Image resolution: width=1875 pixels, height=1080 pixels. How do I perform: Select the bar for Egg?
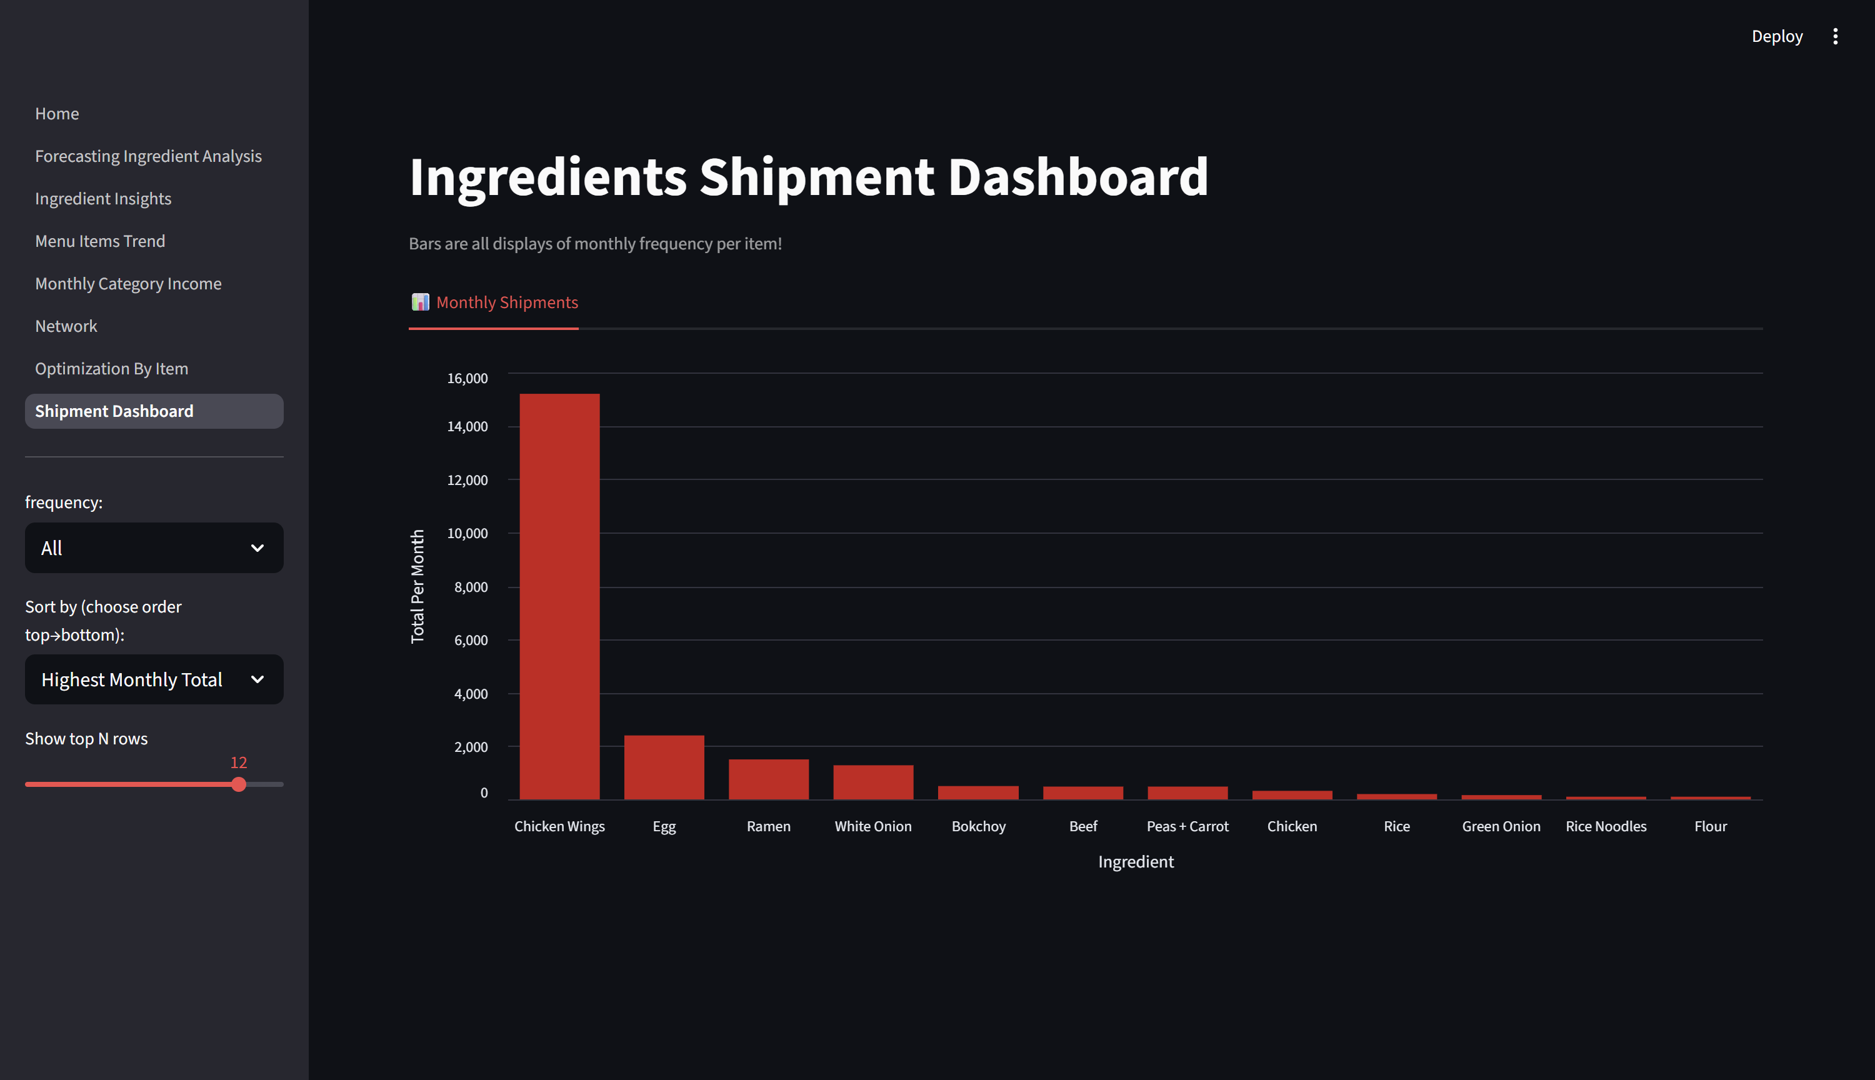(664, 767)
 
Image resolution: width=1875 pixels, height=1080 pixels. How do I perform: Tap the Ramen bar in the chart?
(768, 779)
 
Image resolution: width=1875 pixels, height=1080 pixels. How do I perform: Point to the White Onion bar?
(873, 782)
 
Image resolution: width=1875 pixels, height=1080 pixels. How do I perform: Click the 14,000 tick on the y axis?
(467, 426)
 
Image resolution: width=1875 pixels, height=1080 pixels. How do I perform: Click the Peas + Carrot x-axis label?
(1187, 826)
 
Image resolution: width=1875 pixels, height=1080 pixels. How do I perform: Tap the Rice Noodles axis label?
(1606, 826)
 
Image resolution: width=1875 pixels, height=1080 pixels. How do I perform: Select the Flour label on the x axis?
(1711, 826)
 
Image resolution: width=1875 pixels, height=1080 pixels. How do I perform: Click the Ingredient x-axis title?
(1136, 862)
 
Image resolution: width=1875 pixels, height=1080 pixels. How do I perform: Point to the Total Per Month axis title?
(417, 586)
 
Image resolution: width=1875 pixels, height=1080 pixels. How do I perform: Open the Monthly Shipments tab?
(495, 302)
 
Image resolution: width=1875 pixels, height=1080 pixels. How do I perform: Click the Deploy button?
(1776, 36)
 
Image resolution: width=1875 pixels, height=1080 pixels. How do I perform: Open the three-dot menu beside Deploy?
(1835, 36)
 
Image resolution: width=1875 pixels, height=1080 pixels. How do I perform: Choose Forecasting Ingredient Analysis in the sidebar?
(148, 156)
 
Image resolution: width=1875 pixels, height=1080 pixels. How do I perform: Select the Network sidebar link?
(66, 326)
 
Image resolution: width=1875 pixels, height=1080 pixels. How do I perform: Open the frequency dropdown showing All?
(154, 548)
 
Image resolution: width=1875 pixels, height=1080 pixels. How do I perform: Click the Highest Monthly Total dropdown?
(154, 679)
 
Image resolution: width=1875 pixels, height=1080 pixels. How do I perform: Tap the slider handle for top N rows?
(239, 784)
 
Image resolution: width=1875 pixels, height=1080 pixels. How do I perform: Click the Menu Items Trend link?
(100, 241)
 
